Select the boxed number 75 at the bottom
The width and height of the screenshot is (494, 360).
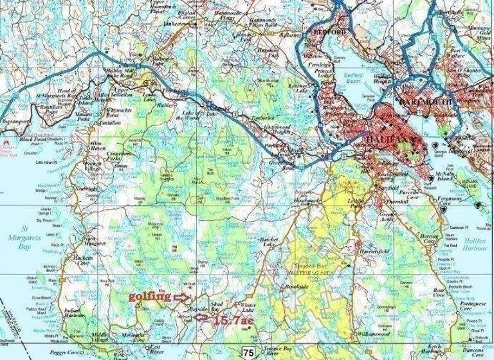pos(248,351)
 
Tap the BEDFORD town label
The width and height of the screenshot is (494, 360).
pos(329,32)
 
